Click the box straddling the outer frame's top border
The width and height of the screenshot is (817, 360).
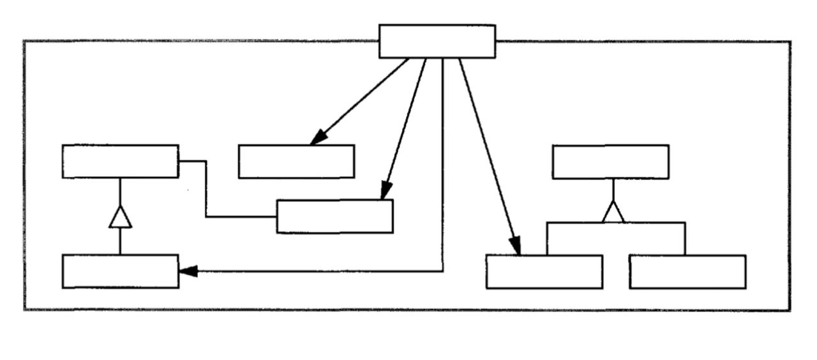point(437,41)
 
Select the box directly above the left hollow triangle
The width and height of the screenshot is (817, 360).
point(120,161)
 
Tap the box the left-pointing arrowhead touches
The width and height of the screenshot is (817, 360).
point(120,271)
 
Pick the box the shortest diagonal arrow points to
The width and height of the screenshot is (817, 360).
point(296,161)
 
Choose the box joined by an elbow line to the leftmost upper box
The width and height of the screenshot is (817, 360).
point(334,216)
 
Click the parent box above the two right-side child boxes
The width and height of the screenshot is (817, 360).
point(610,161)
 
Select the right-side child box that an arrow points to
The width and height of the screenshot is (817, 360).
point(544,272)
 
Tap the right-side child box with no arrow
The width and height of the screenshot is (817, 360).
point(687,272)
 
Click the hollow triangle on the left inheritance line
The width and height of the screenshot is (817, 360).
point(120,218)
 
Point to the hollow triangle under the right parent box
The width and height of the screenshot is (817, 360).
point(613,213)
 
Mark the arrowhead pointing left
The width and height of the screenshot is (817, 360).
point(186,271)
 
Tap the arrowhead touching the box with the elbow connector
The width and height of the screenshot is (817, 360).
point(385,192)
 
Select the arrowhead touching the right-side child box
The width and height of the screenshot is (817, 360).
point(515,246)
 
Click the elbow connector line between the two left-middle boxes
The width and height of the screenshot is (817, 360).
point(206,191)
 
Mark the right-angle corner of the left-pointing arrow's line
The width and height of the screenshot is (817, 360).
point(442,271)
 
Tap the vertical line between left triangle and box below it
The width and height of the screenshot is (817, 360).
point(120,241)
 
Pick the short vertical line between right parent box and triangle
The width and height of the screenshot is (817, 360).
point(613,189)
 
